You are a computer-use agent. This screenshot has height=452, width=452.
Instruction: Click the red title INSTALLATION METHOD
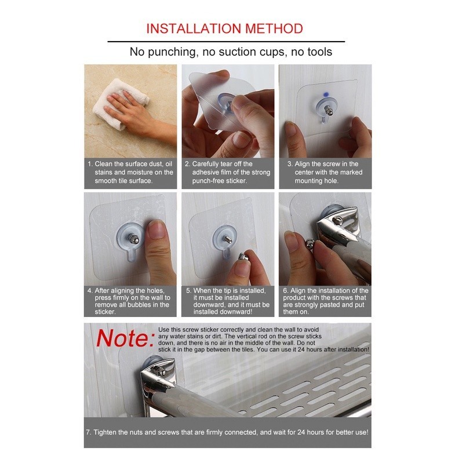click(x=224, y=28)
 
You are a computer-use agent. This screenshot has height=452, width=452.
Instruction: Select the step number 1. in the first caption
click(x=90, y=164)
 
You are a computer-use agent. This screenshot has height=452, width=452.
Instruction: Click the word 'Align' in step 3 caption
click(x=304, y=164)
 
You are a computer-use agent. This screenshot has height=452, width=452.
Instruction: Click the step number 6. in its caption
click(x=285, y=290)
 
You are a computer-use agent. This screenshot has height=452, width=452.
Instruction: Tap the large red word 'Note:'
click(x=125, y=338)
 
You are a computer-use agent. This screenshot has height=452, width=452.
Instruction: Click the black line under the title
click(x=226, y=42)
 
